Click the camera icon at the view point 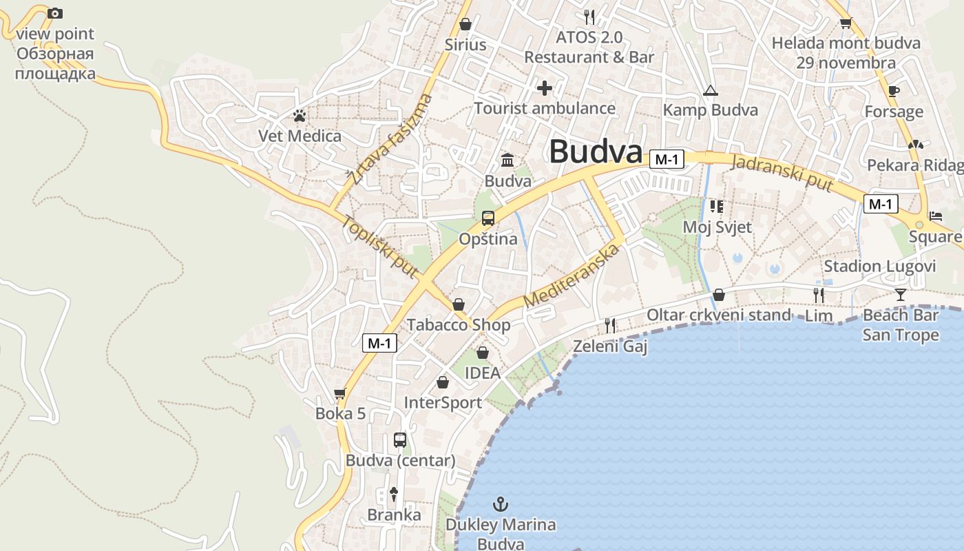(x=55, y=13)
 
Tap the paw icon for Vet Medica (x=299, y=116)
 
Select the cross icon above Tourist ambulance (x=545, y=88)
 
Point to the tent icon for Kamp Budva (x=710, y=90)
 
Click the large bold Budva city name (x=596, y=152)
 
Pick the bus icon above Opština (x=488, y=218)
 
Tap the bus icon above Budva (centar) (x=400, y=439)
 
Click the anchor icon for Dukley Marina (x=501, y=504)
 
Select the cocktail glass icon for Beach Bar (x=900, y=295)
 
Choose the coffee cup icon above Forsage (x=894, y=91)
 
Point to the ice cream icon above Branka (x=394, y=493)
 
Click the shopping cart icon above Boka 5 (x=339, y=394)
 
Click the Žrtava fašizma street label (x=390, y=140)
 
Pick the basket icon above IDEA (x=483, y=353)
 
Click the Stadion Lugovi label (x=880, y=267)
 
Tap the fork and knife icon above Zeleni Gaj (x=609, y=325)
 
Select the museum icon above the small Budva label (x=507, y=160)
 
